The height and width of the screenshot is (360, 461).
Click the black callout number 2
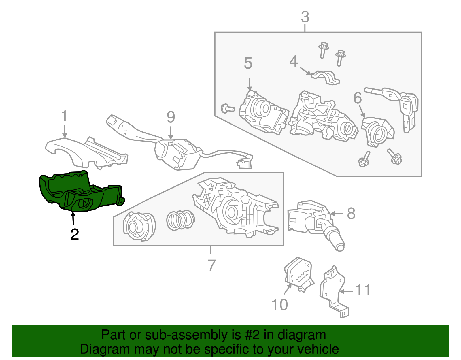pos(74,234)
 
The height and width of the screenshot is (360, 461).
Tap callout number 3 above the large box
pos(305,17)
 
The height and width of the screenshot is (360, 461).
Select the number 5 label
pos(248,63)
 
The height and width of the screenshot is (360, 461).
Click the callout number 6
pos(357,98)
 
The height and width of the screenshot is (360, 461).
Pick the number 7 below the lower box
pos(211,265)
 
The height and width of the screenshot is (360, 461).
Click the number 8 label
pos(351,214)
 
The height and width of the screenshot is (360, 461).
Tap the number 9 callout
pos(171,117)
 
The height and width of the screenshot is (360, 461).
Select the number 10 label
pos(279,305)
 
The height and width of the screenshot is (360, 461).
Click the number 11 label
pos(362,290)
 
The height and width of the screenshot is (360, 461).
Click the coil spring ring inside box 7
pos(180,220)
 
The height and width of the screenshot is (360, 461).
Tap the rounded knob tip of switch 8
pos(340,247)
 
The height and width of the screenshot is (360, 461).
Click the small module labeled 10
pos(298,274)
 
